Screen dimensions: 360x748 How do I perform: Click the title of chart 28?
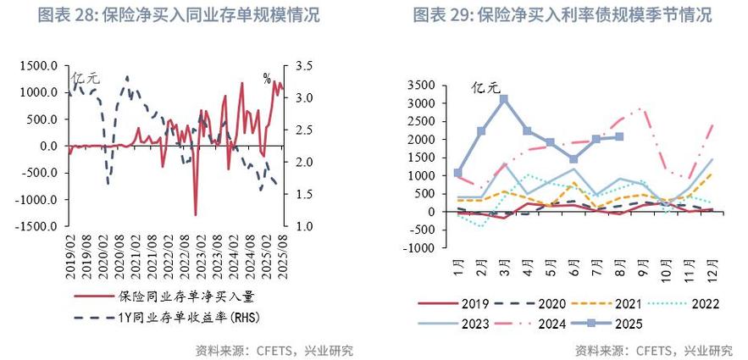point(179,15)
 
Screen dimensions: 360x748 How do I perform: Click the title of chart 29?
point(562,15)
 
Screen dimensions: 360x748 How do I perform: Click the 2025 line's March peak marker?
point(504,99)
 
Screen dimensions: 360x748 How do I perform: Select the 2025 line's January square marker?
point(458,173)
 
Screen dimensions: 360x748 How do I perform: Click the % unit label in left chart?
point(266,79)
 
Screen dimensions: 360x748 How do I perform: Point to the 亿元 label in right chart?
point(487,86)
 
